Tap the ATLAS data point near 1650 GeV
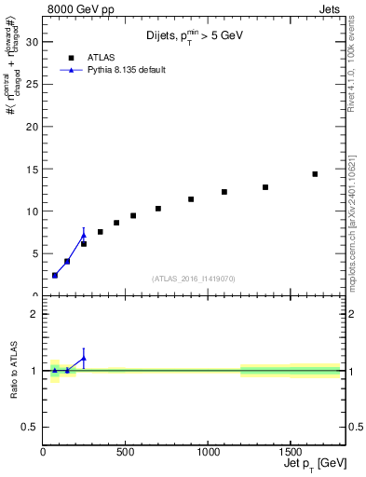click(315, 174)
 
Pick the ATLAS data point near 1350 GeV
click(265, 187)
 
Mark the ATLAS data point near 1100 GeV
click(224, 192)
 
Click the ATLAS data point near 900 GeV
click(191, 199)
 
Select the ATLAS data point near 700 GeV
click(158, 209)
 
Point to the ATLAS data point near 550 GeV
click(133, 216)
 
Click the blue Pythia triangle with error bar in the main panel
click(84, 236)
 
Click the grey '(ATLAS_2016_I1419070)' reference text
click(194, 279)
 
